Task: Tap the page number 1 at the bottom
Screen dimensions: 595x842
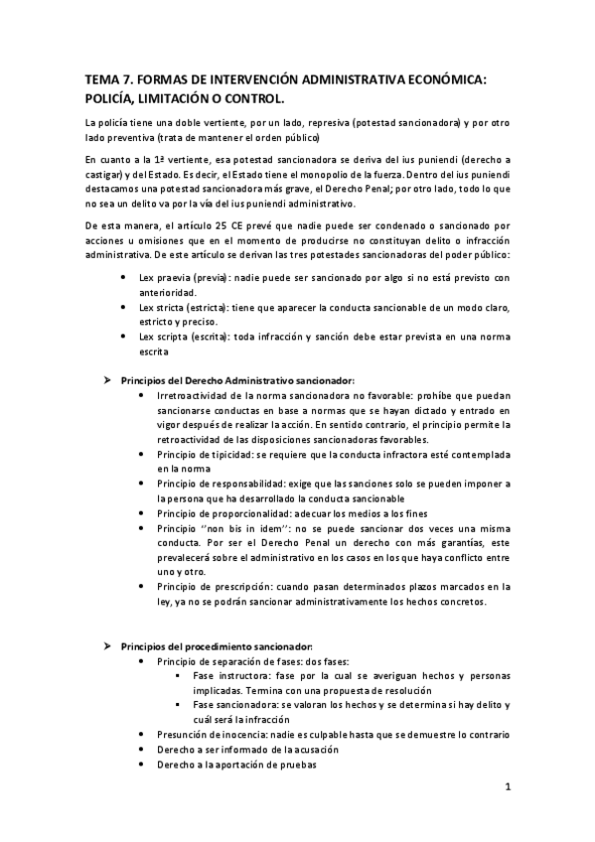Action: (x=507, y=788)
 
